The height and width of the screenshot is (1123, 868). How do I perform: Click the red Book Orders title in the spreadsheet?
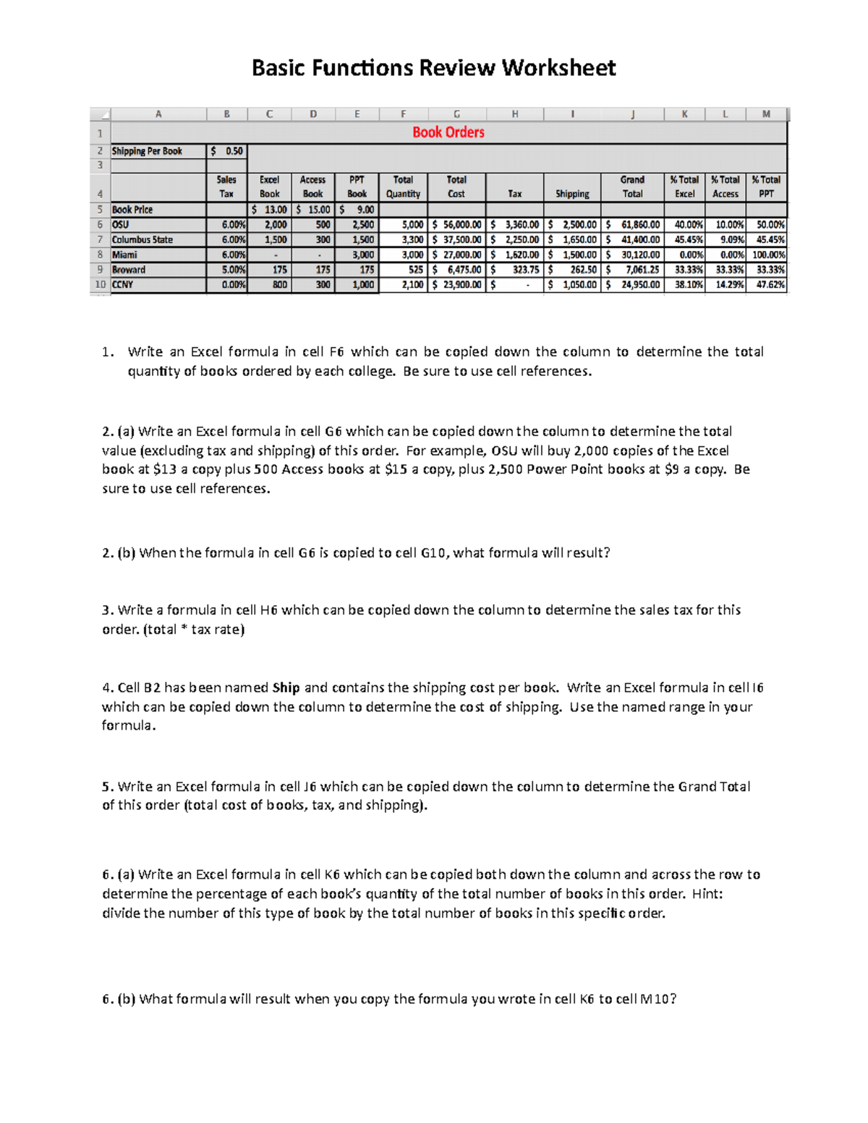(448, 132)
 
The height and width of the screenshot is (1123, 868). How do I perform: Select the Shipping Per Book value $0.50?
(227, 151)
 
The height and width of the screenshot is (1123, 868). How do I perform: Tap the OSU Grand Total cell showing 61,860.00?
(633, 225)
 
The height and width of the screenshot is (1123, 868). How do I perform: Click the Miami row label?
(124, 255)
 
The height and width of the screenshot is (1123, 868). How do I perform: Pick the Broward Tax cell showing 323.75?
(514, 270)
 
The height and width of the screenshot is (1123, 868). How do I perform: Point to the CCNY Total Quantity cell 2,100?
(404, 285)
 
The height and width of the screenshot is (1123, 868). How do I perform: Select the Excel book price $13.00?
(269, 210)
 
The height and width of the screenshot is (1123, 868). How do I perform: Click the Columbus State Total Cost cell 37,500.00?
(456, 239)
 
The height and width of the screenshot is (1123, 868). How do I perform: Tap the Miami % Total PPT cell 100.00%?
(767, 255)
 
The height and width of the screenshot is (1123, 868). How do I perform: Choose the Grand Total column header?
(632, 187)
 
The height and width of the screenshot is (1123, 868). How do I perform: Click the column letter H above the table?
(514, 114)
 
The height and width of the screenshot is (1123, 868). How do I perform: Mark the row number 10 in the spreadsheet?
(100, 285)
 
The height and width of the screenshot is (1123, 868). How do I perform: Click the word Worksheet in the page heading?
(558, 68)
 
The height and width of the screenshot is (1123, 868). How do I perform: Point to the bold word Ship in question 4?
(286, 688)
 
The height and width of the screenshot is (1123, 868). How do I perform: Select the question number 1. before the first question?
(108, 352)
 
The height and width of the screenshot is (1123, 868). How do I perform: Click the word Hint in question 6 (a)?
(705, 894)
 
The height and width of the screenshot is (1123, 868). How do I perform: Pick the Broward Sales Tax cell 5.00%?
(227, 270)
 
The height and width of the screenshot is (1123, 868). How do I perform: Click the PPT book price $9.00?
(357, 210)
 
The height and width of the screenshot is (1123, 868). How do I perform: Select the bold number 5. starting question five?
(108, 787)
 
